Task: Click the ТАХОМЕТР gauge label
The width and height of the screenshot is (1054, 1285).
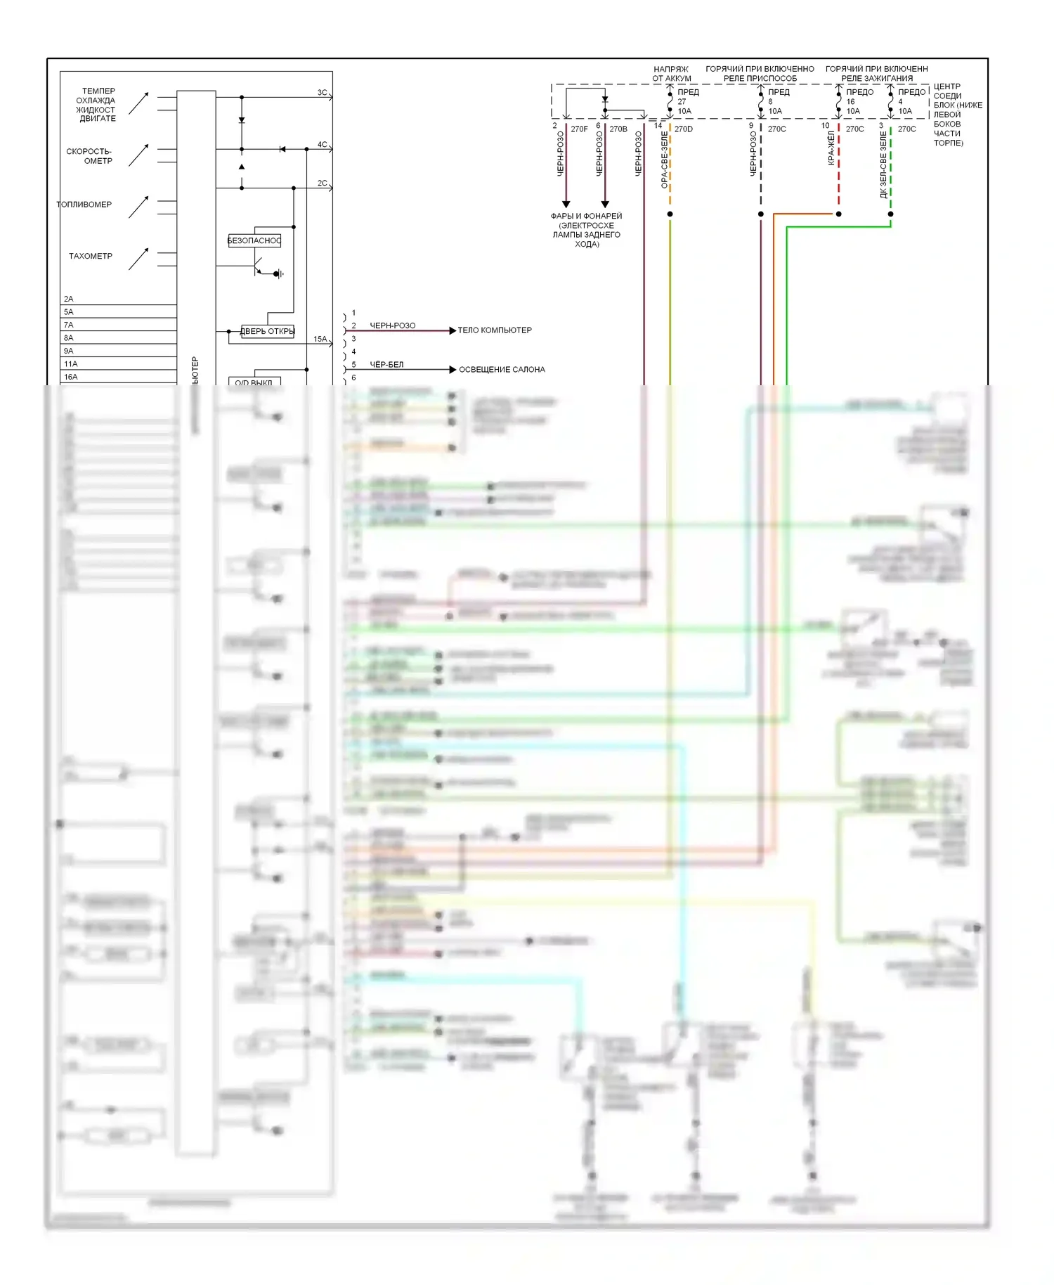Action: click(x=90, y=257)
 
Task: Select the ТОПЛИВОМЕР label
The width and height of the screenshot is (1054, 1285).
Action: click(x=84, y=205)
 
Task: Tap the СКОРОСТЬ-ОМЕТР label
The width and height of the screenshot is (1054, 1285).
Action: click(x=89, y=156)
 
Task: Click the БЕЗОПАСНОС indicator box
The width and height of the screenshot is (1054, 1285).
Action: click(x=254, y=240)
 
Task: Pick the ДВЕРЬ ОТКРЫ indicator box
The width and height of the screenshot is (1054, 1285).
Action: click(x=267, y=331)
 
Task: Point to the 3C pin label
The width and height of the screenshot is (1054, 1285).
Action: click(x=322, y=93)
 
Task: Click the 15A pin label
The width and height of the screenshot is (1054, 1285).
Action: click(x=320, y=340)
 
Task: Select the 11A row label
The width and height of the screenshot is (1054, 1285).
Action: click(x=70, y=364)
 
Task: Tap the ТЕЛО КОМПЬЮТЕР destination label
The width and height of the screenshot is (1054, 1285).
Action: click(x=495, y=330)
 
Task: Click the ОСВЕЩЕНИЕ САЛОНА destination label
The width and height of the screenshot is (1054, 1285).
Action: click(x=502, y=370)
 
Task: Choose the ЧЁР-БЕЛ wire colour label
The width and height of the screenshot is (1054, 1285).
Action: click(x=386, y=365)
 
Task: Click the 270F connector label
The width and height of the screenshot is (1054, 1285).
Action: click(x=579, y=129)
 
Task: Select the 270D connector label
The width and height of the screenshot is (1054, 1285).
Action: click(x=683, y=129)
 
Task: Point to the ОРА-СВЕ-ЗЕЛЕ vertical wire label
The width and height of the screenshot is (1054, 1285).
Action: click(x=664, y=160)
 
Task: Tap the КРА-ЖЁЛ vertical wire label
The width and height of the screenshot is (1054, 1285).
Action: click(x=831, y=148)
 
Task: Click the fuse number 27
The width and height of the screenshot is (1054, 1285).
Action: click(x=682, y=102)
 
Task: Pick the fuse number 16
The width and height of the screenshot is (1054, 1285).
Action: click(x=850, y=102)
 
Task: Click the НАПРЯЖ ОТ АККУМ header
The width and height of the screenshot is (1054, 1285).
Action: click(x=671, y=74)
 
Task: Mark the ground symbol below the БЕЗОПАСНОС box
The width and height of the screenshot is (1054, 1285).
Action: click(x=280, y=273)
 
